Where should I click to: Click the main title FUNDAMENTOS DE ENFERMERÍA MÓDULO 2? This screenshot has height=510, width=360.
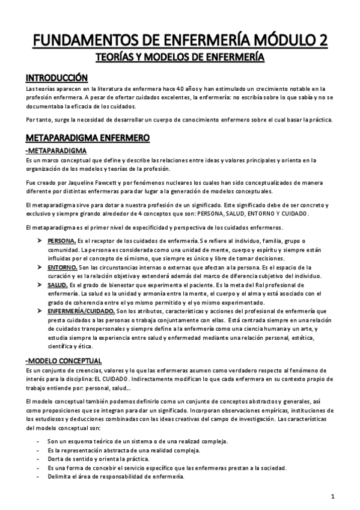point(180,40)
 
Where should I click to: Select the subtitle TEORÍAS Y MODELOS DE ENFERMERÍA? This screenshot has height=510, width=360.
point(180,57)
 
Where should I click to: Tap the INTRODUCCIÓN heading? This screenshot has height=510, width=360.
point(56,78)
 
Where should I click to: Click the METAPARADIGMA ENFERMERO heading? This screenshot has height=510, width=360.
point(87,138)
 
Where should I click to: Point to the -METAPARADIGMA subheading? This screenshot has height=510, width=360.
point(55,150)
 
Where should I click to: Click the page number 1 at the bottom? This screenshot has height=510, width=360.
point(332,497)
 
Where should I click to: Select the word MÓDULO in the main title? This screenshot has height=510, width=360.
point(286,40)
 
